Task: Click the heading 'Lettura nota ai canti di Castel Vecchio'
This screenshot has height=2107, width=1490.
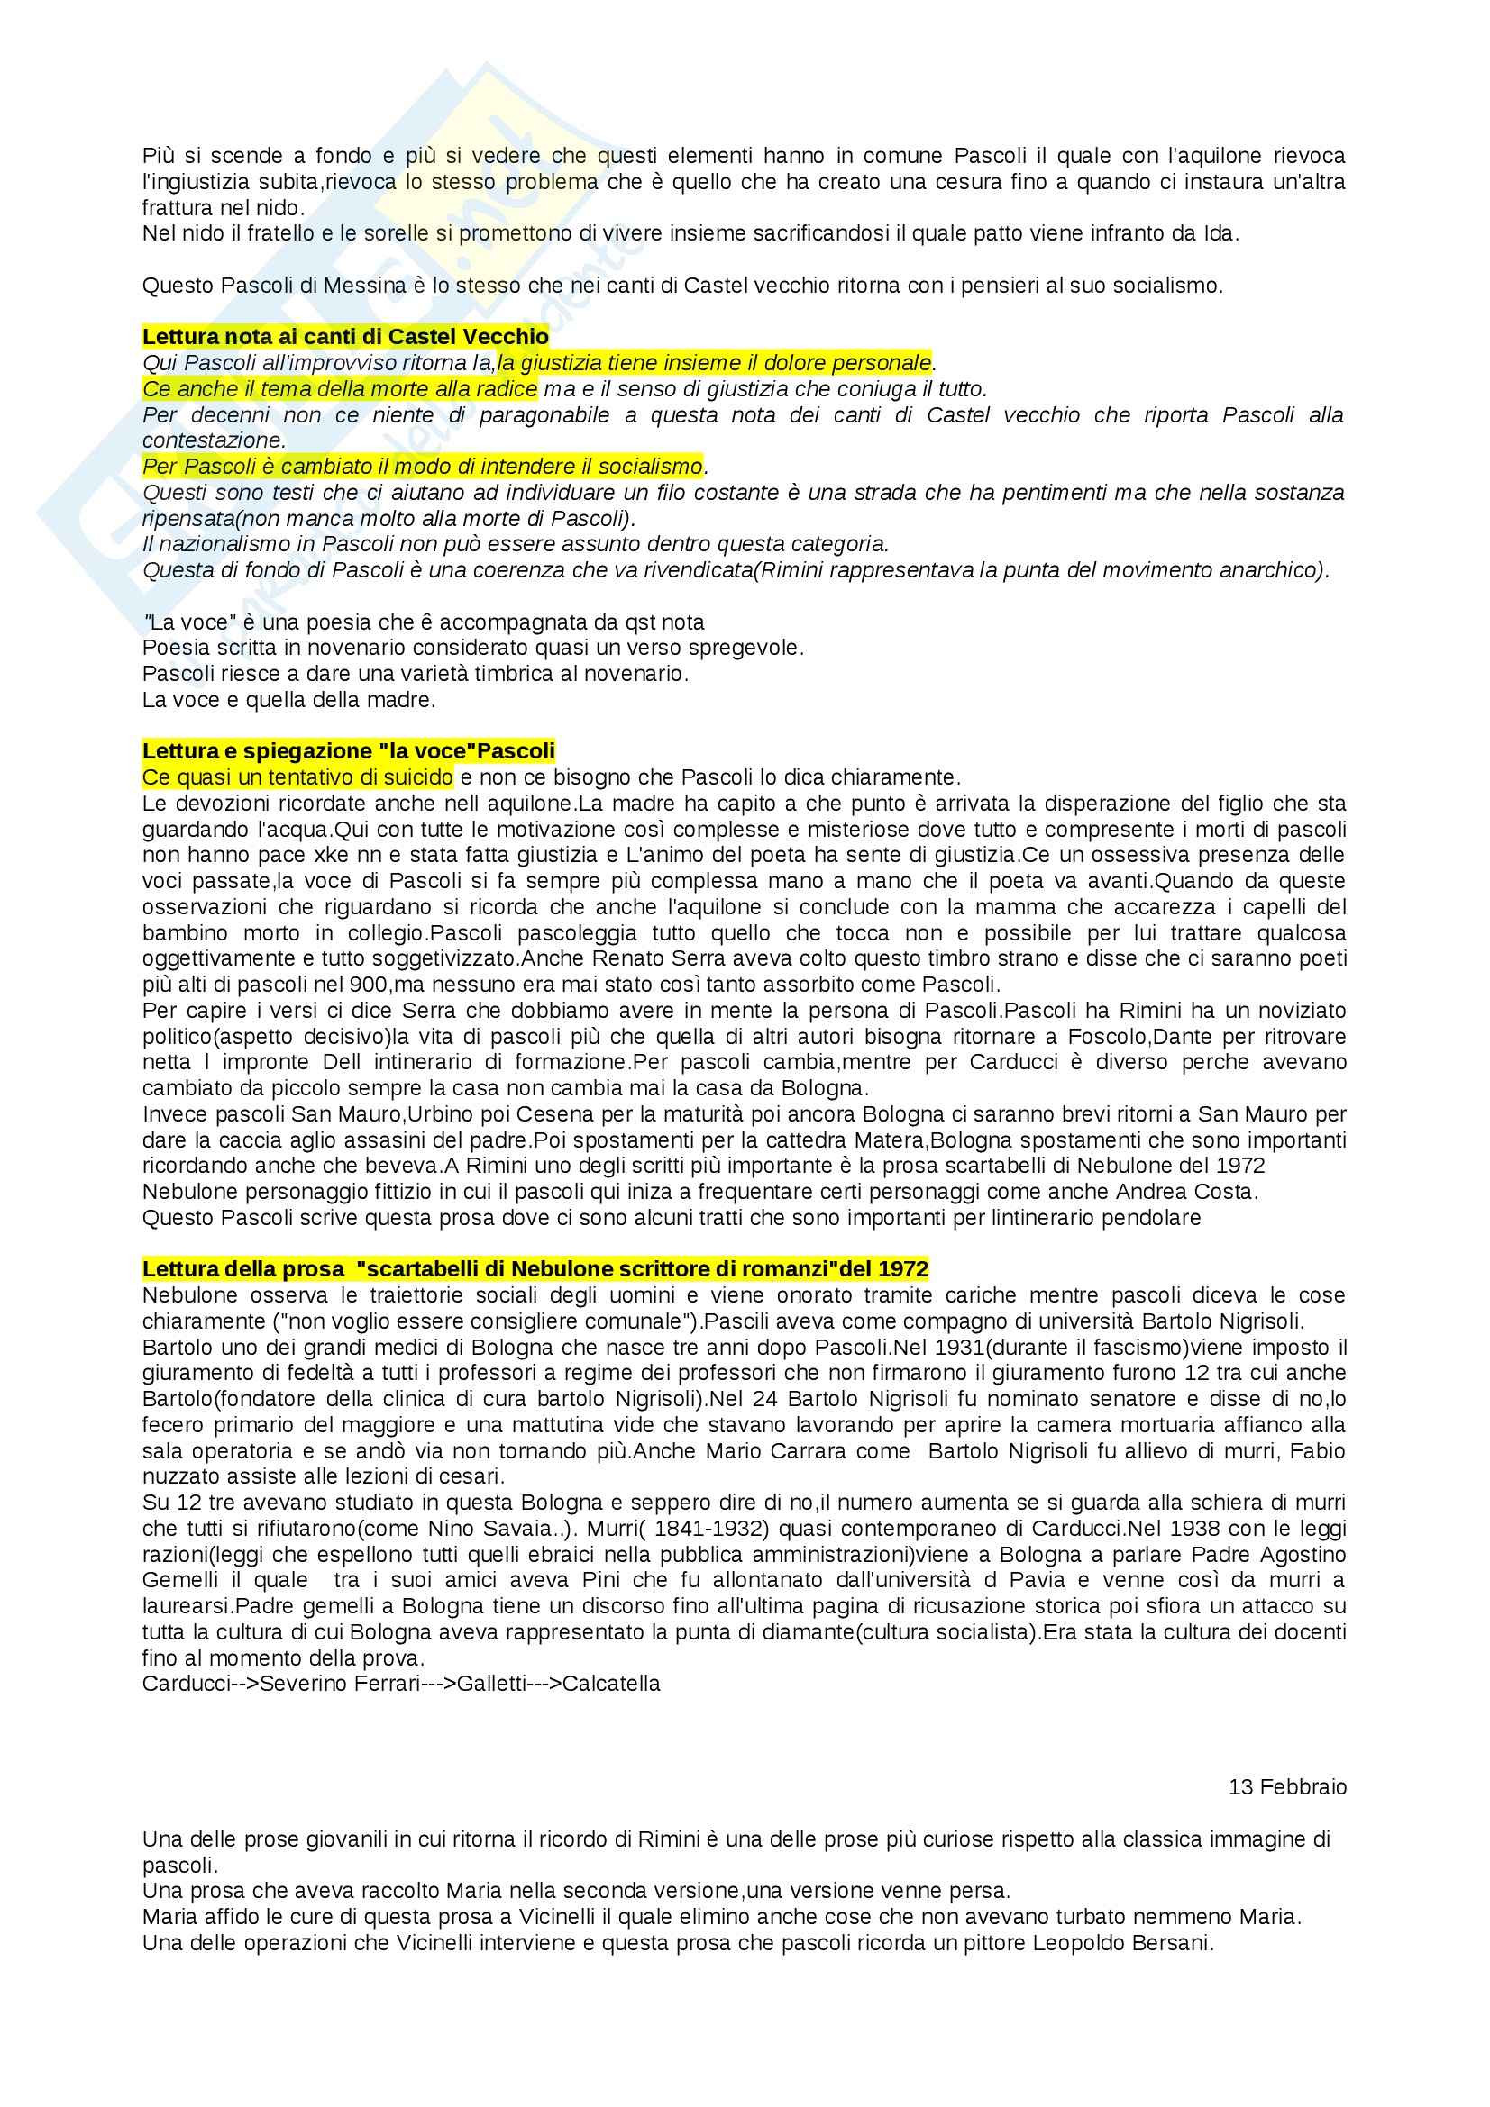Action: tap(345, 337)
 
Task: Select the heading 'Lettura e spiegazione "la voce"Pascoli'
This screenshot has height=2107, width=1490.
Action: tap(349, 751)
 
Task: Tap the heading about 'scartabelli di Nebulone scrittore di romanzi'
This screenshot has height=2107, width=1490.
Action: tap(535, 1270)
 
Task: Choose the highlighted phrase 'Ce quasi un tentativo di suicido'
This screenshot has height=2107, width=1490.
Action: tap(297, 778)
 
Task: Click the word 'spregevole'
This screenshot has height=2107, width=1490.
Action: tap(754, 648)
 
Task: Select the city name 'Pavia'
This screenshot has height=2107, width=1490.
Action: tap(1065, 1580)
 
